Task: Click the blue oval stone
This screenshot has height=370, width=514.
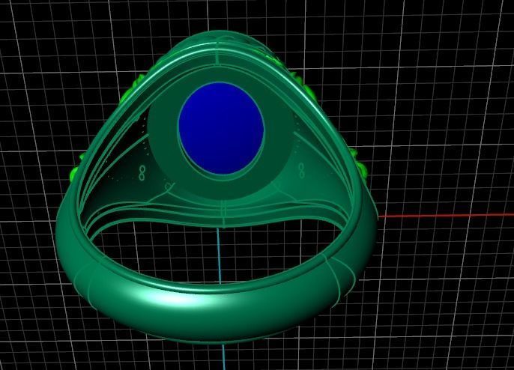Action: [x=221, y=129]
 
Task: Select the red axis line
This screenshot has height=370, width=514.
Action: [x=450, y=216]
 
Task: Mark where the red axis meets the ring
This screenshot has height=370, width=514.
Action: [x=379, y=216]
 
